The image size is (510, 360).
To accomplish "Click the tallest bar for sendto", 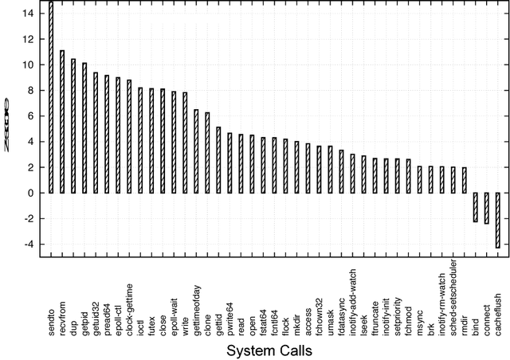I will [x=51, y=96].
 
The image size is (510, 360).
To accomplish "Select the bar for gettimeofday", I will [x=197, y=151].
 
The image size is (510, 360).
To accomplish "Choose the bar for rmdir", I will [x=465, y=180].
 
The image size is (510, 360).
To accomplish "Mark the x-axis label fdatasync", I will [x=342, y=299].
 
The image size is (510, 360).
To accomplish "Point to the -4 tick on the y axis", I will [x=28, y=245].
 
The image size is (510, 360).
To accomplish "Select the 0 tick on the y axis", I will [x=30, y=193].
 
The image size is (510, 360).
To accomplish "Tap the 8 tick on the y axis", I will [x=30, y=90].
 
